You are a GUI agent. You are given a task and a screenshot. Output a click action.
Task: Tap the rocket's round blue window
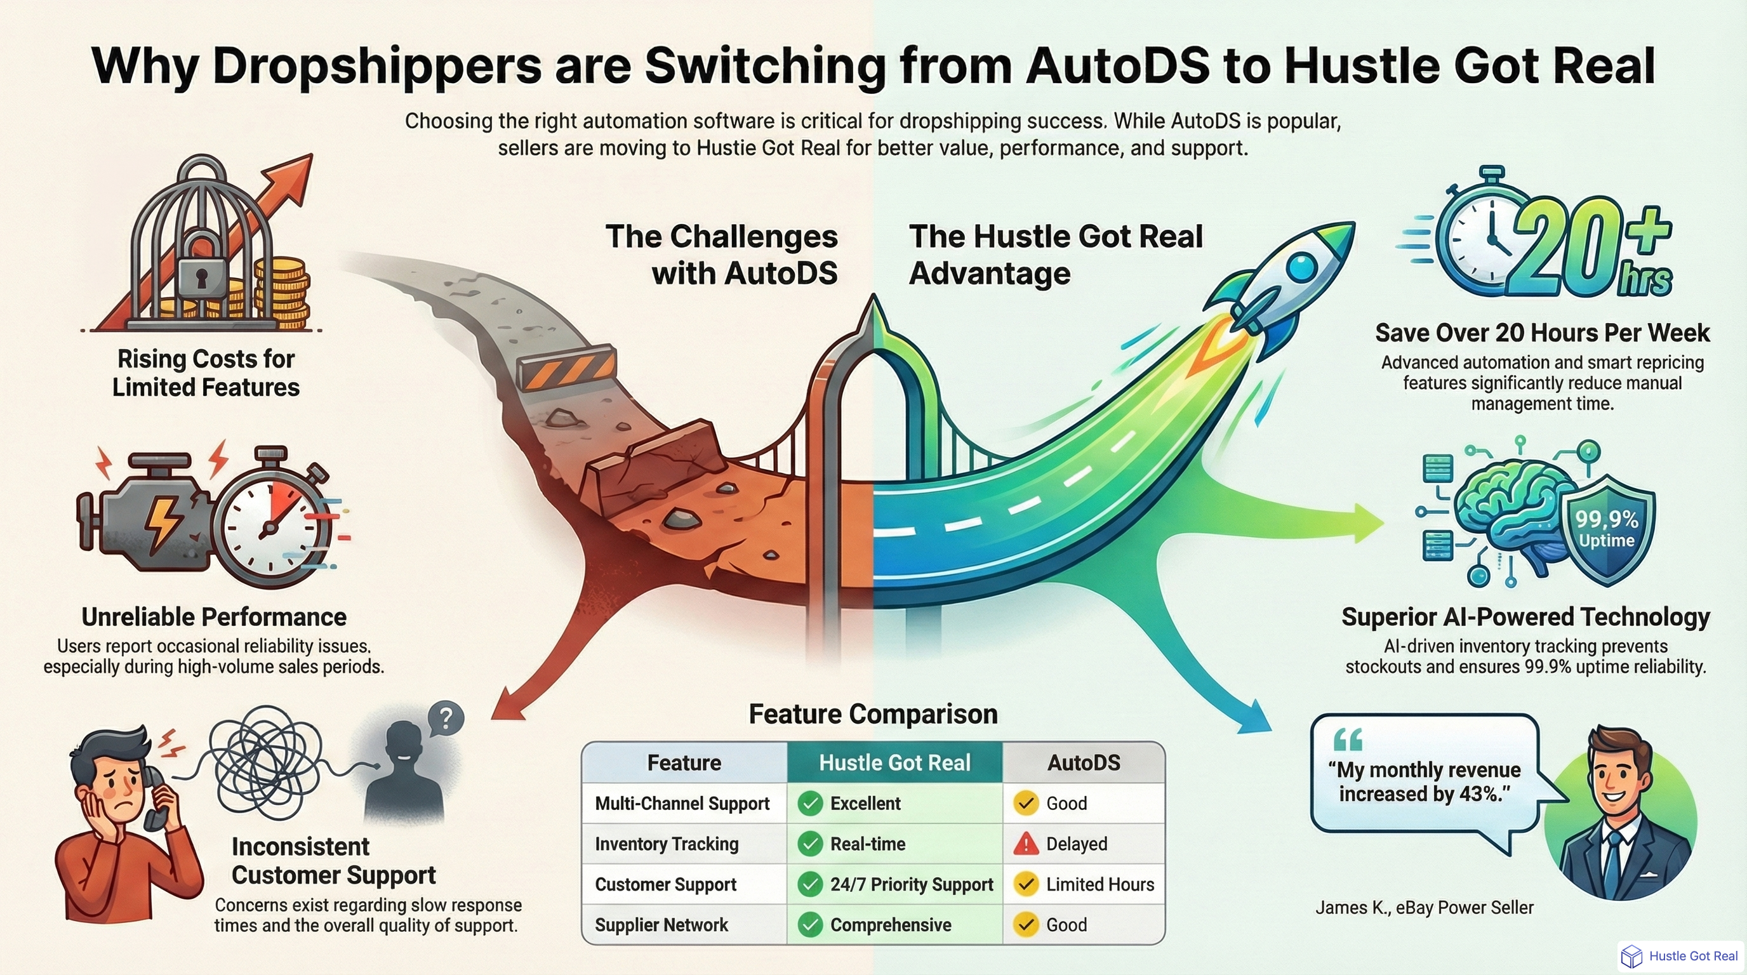(x=1300, y=266)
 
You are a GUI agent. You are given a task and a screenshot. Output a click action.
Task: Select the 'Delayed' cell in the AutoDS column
(x=1076, y=844)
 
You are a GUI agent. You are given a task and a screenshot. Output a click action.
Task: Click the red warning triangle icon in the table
(x=1026, y=844)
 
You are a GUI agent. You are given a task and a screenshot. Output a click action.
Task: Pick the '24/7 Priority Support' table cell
(x=911, y=884)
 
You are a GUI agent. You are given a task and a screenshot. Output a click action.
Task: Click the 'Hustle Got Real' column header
(x=894, y=763)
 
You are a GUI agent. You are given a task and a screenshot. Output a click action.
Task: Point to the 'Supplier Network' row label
(x=661, y=925)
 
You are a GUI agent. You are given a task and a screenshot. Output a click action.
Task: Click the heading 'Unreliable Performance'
(x=214, y=617)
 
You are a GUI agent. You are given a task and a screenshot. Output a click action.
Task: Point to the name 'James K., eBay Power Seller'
(x=1424, y=907)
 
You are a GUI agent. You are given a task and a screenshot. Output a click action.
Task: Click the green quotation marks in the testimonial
(x=1348, y=740)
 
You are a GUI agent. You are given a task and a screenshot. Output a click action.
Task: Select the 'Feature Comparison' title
(x=873, y=714)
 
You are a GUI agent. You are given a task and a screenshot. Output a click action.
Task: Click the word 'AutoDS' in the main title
(x=1117, y=66)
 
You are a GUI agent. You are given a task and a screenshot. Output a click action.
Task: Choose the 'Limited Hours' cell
(x=1099, y=884)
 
